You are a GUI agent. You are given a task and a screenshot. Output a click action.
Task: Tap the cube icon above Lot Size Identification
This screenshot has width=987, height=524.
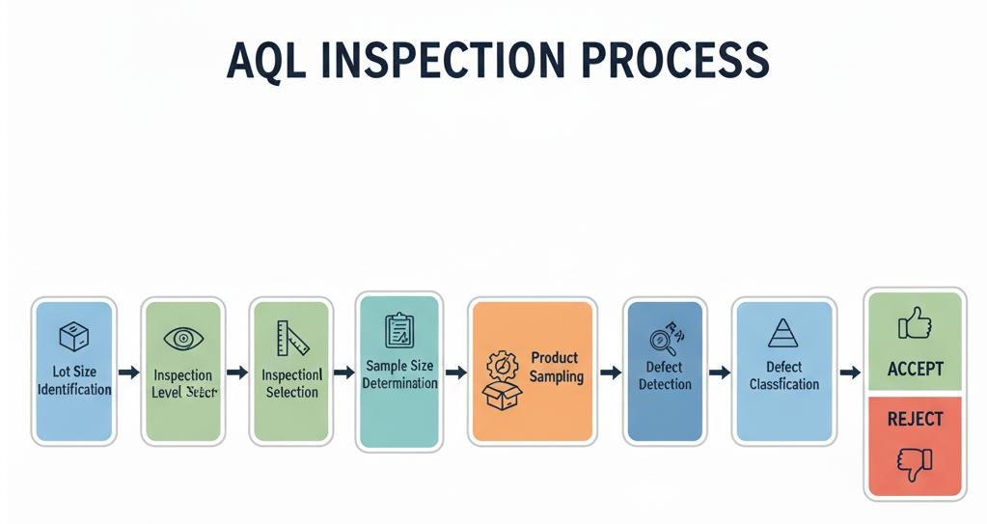(74, 337)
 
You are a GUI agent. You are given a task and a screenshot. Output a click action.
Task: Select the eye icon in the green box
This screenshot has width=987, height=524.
(182, 338)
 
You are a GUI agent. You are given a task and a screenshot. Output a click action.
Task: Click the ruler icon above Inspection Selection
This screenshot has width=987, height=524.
(291, 338)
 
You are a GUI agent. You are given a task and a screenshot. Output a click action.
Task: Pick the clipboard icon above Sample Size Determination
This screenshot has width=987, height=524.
(398, 330)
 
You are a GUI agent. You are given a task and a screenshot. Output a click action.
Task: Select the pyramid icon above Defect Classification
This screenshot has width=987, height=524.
(781, 334)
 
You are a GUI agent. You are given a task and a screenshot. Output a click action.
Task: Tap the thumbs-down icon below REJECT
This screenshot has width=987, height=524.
(914, 463)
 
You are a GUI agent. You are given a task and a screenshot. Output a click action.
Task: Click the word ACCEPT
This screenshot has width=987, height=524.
(915, 369)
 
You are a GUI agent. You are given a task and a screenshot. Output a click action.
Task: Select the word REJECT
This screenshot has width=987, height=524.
(915, 419)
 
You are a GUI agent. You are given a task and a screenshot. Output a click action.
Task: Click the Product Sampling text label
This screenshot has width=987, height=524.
(556, 368)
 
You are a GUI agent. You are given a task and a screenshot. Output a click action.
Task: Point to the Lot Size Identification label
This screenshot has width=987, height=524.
(74, 380)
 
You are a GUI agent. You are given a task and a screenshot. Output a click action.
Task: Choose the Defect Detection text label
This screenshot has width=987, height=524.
(665, 375)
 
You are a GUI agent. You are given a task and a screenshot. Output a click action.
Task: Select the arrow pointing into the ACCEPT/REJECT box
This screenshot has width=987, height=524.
(850, 372)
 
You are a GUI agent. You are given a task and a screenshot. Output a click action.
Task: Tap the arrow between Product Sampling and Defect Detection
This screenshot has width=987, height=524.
(610, 372)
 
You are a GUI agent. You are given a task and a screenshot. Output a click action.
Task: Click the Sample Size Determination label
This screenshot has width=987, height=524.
(399, 374)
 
